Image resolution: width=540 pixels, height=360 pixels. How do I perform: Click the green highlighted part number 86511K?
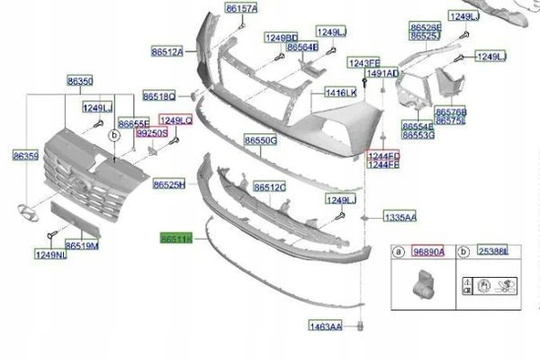[x=174, y=239]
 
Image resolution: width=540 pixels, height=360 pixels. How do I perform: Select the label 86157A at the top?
[x=242, y=8]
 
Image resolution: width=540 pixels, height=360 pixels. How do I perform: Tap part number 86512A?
[x=168, y=51]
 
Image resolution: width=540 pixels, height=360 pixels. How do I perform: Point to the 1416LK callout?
[x=340, y=93]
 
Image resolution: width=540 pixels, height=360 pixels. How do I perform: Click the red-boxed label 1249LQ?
[x=176, y=119]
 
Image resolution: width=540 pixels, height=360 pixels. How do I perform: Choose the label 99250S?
[x=151, y=132]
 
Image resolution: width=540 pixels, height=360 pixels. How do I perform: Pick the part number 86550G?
[x=259, y=141]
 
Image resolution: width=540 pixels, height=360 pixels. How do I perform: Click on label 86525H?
[x=169, y=184]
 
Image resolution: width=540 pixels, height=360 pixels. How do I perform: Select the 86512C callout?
[x=270, y=187]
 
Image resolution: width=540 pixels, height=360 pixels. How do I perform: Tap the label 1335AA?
[x=400, y=219]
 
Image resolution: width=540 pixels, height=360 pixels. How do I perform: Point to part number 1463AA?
[x=324, y=325]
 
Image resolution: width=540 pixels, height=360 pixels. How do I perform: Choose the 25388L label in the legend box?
[x=493, y=251]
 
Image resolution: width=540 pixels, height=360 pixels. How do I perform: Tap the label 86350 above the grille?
[x=79, y=81]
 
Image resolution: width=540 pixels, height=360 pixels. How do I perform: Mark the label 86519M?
[x=82, y=245]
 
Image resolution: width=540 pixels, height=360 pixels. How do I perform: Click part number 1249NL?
[x=51, y=255]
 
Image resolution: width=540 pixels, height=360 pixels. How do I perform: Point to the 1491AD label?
[x=382, y=73]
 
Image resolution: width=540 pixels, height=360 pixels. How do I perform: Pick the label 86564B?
[x=302, y=46]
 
